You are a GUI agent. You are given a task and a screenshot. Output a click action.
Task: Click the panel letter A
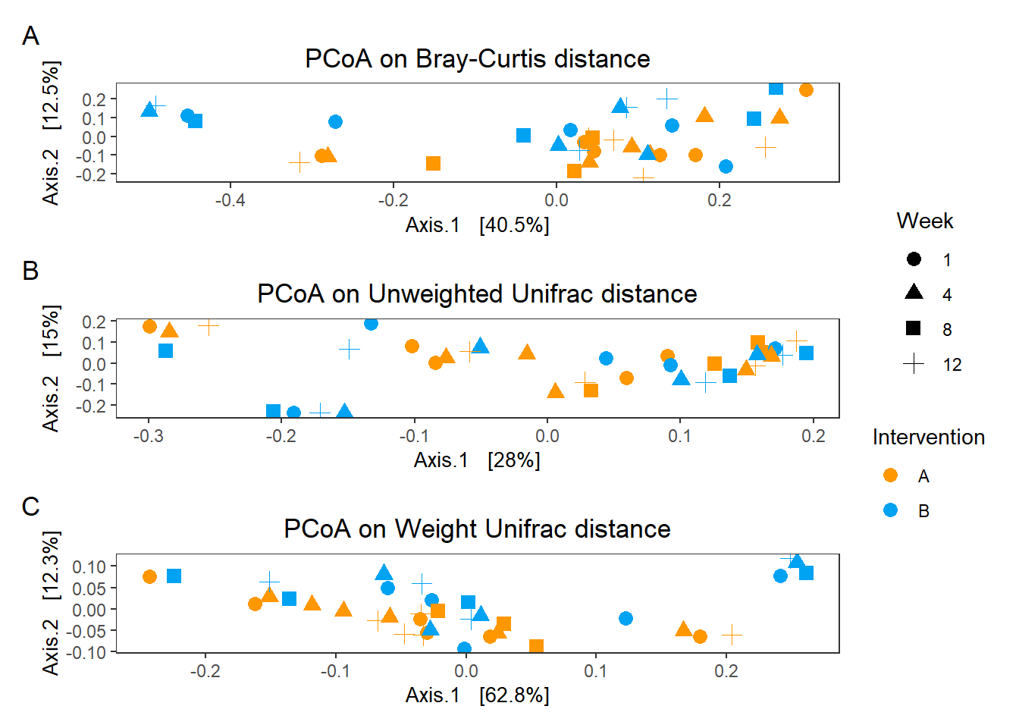30,36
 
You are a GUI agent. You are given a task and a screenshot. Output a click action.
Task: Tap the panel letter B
30,271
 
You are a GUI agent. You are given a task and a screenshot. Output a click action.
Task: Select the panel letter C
30,506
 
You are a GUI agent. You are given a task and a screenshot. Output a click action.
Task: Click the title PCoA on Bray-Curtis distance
477,58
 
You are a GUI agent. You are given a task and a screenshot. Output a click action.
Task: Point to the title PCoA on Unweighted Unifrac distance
477,293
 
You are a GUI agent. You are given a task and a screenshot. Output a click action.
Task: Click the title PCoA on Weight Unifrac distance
477,529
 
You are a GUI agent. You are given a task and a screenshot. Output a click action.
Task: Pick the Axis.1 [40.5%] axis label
477,225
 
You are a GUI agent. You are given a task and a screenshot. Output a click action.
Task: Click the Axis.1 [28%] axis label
477,460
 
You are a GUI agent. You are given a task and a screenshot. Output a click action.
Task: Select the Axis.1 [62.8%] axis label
477,695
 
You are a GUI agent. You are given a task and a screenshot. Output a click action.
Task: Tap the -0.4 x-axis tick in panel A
230,200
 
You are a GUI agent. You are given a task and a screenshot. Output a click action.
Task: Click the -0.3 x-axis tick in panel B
149,436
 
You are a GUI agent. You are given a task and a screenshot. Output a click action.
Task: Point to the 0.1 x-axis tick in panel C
596,671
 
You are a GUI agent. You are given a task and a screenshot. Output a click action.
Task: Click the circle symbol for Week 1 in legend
914,259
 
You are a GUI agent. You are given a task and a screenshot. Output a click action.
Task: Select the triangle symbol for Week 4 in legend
914,293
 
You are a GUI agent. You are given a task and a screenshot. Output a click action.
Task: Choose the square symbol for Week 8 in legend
914,328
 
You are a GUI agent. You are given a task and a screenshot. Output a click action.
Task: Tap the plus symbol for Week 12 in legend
914,364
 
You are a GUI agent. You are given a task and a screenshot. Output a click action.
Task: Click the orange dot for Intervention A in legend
891,475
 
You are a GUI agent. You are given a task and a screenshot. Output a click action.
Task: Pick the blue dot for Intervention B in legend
891,510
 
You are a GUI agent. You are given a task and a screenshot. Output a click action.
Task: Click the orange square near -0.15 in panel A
433,163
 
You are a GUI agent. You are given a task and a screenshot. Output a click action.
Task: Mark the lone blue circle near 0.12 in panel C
626,618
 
